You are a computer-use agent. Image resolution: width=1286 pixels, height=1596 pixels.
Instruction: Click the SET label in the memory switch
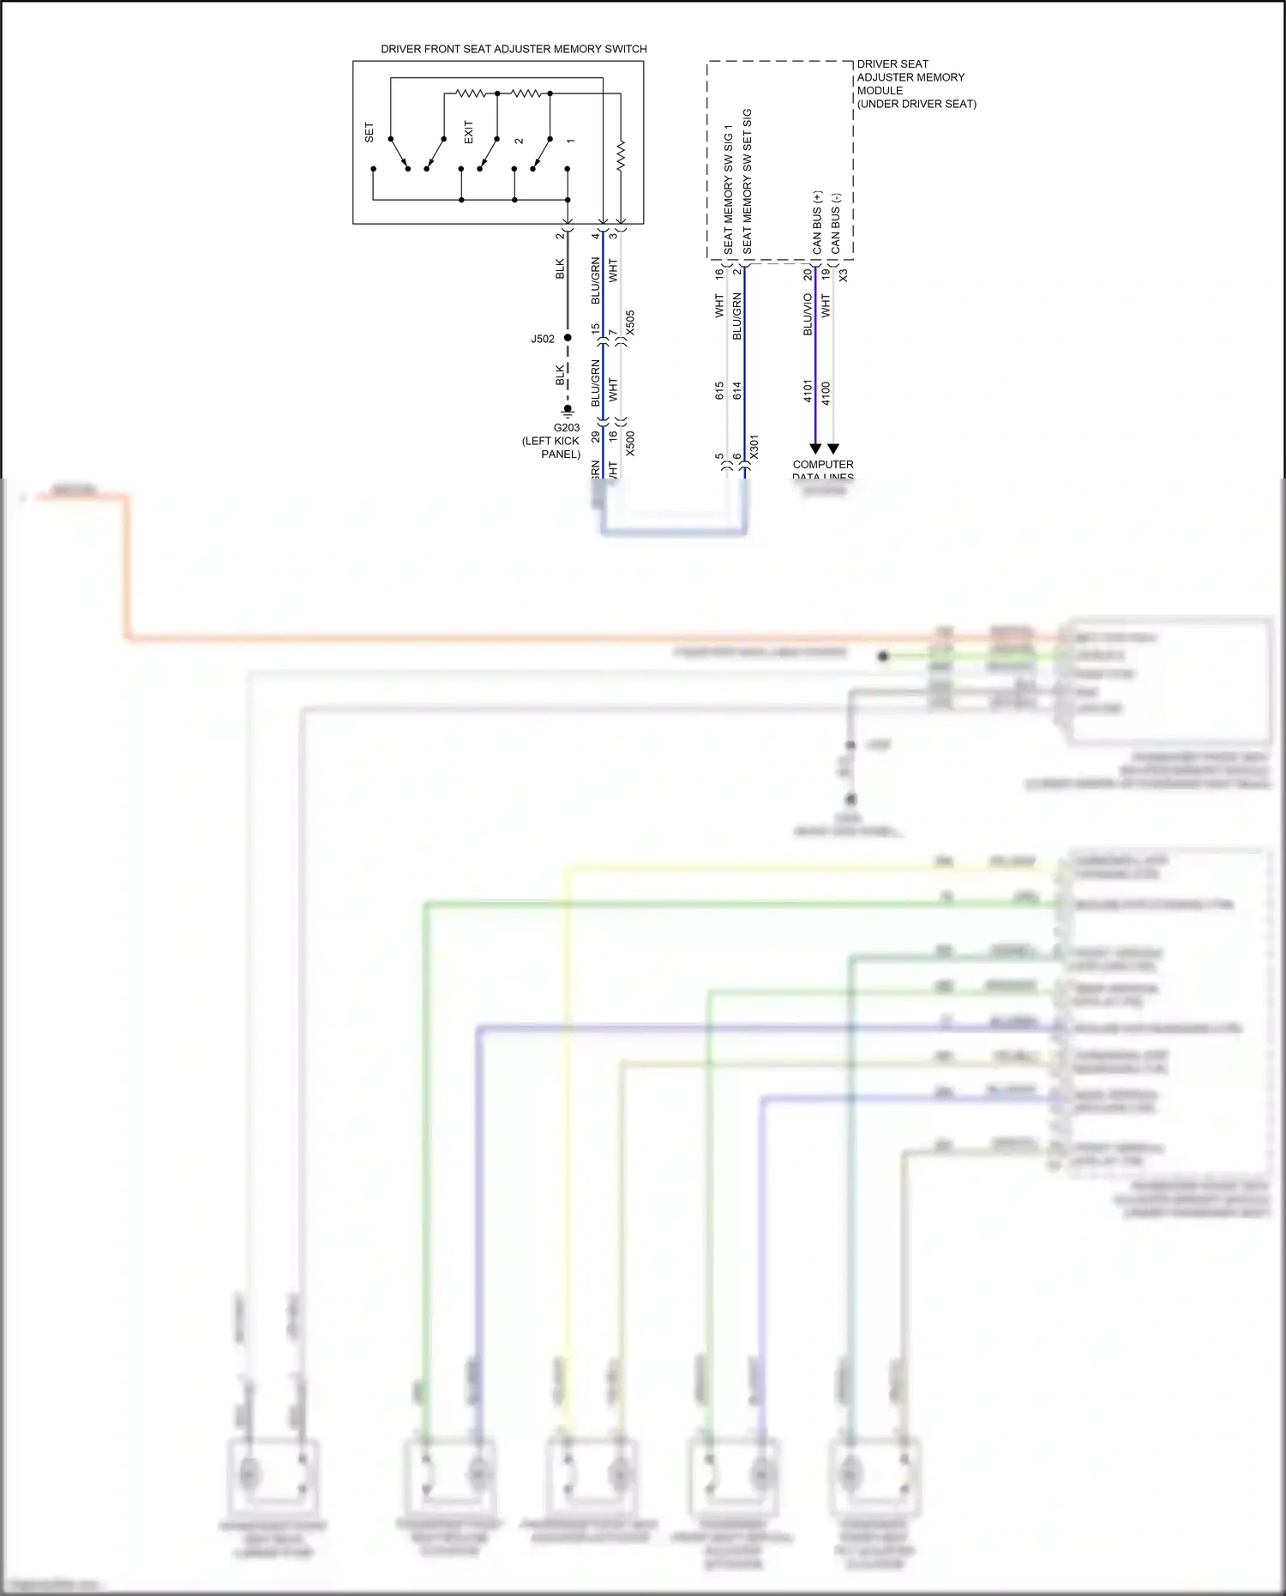point(370,133)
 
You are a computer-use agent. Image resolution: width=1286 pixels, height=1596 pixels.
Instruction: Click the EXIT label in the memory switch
point(468,132)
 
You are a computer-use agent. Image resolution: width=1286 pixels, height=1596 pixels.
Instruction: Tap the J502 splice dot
point(568,338)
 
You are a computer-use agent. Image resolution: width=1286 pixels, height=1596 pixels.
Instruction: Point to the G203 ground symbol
point(568,411)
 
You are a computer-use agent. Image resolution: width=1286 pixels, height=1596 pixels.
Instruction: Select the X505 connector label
point(630,322)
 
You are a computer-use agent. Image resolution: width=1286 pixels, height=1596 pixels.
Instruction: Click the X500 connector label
point(630,443)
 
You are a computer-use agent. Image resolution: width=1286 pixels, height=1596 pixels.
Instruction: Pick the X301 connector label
point(754,447)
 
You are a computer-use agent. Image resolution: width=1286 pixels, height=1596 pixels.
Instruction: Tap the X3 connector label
point(843,275)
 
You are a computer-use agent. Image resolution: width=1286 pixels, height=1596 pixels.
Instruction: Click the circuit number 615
point(719,391)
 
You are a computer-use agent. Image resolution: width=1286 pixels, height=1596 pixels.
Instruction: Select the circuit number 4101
point(808,391)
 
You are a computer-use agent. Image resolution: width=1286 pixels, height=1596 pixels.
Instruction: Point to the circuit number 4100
point(826,394)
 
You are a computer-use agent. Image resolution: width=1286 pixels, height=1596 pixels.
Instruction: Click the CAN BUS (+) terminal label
point(817,222)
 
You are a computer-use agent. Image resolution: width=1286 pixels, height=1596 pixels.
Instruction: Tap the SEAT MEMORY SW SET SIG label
point(747,180)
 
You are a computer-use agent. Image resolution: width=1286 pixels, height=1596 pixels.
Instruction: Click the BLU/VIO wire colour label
point(808,314)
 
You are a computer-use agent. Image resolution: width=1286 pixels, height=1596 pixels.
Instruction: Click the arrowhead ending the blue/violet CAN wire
point(815,449)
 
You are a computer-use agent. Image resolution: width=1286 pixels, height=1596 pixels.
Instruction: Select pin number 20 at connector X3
point(808,274)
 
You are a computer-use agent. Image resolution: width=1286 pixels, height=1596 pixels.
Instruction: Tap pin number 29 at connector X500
point(595,437)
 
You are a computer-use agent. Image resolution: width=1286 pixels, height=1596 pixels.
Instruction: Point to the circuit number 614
point(737,391)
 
